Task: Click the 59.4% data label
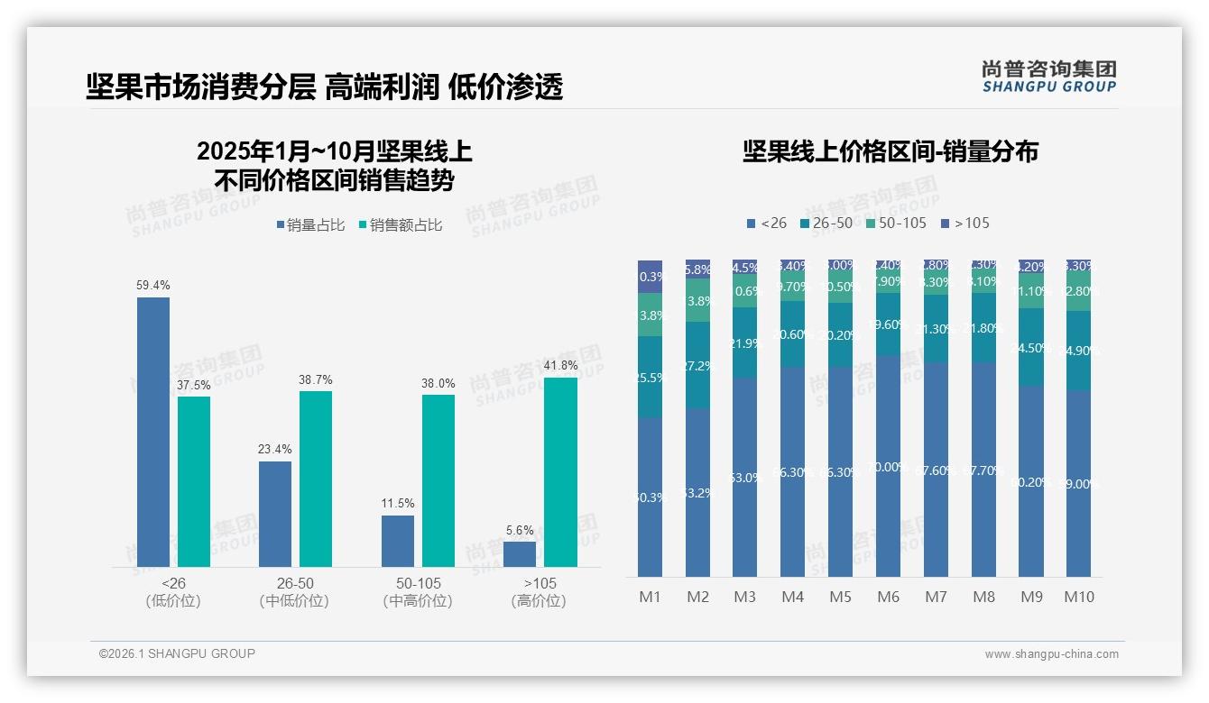tap(153, 285)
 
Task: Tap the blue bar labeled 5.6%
tap(520, 553)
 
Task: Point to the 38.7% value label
tap(315, 379)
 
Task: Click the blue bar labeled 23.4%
tap(275, 514)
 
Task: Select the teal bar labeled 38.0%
tap(438, 480)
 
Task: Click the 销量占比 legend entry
tap(310, 225)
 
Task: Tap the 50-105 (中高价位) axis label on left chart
tap(418, 592)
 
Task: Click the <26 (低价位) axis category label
tap(172, 592)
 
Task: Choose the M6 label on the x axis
tap(888, 597)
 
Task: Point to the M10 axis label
tap(1078, 597)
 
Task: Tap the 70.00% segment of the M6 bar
tap(888, 466)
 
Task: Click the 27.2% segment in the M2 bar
tap(697, 366)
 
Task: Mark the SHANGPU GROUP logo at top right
tap(1048, 77)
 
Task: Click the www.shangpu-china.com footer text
tap(1051, 654)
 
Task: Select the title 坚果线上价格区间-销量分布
tap(890, 151)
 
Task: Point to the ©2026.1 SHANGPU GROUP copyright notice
tap(177, 653)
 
